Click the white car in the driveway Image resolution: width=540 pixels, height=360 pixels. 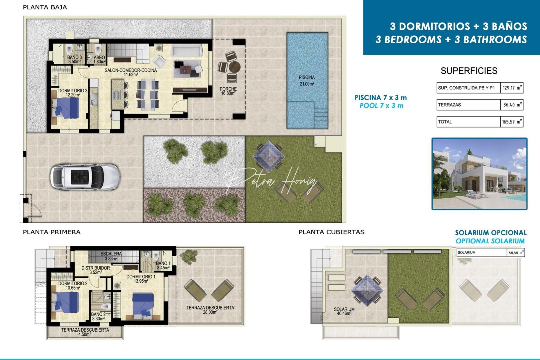point(85,177)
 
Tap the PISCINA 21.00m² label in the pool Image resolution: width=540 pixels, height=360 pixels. point(307,81)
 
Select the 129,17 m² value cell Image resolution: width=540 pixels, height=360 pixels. point(512,88)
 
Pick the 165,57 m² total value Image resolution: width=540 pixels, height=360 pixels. point(512,122)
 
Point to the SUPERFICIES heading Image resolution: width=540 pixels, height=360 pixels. point(469,71)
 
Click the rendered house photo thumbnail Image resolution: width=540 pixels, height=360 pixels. point(479,174)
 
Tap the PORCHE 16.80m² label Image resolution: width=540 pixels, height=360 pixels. point(228,91)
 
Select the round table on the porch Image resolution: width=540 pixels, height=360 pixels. point(234,67)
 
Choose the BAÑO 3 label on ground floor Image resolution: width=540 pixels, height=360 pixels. point(74,59)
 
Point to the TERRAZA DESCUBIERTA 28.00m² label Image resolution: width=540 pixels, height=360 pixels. point(210,310)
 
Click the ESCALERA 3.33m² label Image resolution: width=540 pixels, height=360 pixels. point(111,256)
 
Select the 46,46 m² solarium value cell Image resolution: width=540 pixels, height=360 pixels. point(516,253)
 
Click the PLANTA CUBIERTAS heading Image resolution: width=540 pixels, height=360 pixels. point(331,232)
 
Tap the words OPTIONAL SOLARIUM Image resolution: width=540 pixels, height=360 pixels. point(490,241)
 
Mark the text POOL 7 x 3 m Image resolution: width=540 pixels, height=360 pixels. point(381,106)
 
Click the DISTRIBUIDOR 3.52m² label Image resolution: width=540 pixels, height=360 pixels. point(96,270)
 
